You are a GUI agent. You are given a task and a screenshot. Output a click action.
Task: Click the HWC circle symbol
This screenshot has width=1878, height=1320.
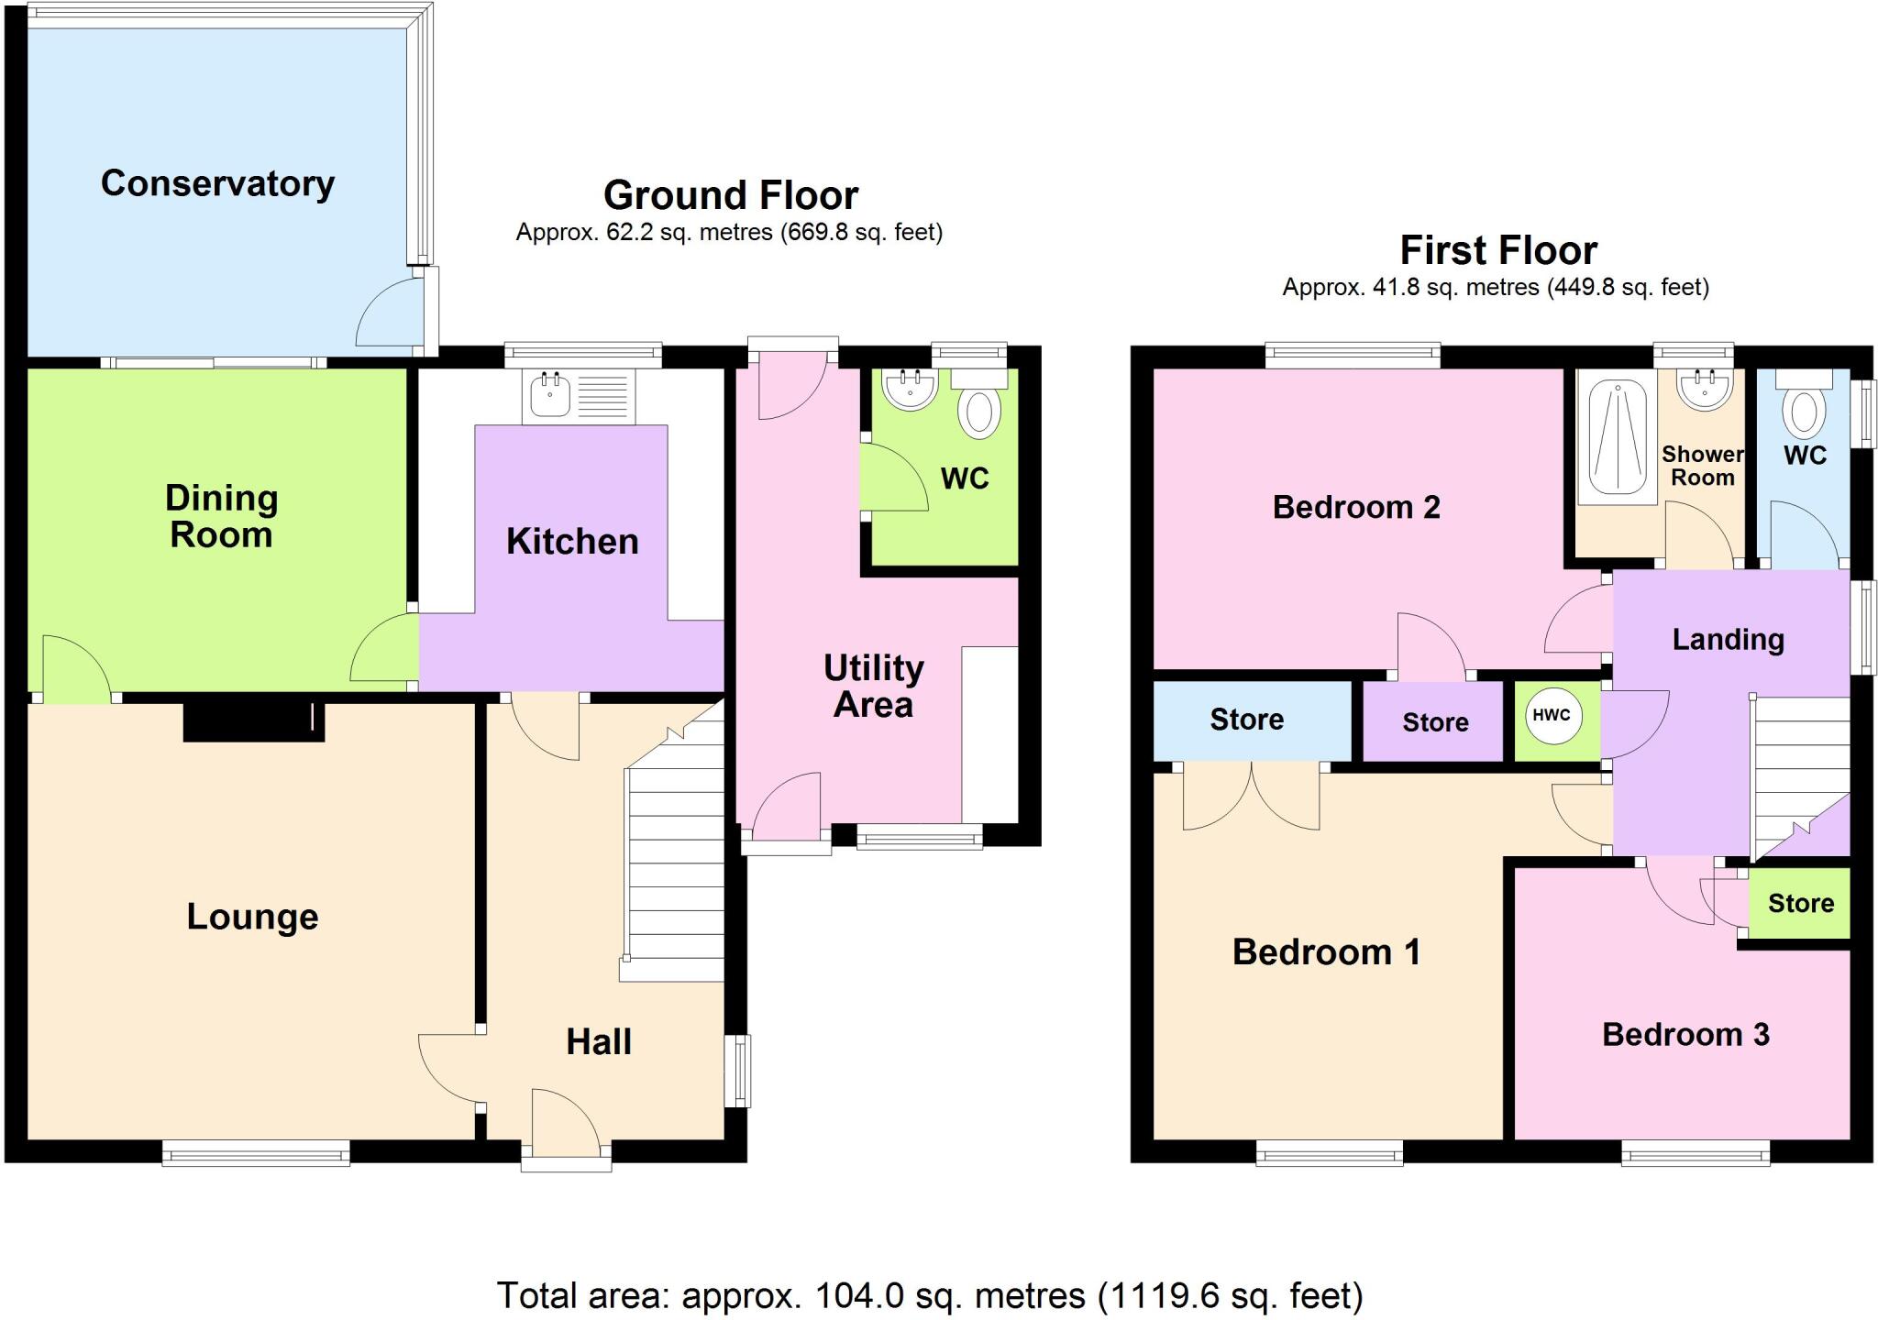[x=1552, y=716]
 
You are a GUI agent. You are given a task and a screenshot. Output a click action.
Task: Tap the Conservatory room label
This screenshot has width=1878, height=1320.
[x=217, y=183]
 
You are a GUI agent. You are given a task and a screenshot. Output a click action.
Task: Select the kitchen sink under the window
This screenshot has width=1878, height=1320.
[x=578, y=397]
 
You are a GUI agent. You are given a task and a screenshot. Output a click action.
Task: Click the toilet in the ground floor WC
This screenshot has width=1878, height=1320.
[x=979, y=411]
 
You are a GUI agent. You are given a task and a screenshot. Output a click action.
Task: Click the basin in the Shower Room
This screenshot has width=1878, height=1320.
[x=1705, y=389]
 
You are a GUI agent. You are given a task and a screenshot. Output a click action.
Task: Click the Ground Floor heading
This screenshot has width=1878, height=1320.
[x=731, y=195]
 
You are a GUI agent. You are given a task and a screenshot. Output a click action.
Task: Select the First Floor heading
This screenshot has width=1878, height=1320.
[x=1498, y=250]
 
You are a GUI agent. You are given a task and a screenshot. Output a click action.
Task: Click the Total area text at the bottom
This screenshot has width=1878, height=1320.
[x=930, y=1295]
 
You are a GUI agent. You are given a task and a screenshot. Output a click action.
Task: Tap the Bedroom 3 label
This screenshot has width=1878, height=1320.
[x=1685, y=1034]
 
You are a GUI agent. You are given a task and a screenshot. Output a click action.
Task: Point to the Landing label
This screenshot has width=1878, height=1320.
[x=1728, y=639]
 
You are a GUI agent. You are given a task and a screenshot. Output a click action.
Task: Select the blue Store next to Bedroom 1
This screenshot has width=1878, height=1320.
[x=1247, y=720]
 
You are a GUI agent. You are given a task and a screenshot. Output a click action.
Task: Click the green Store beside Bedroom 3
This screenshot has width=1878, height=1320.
[x=1800, y=903]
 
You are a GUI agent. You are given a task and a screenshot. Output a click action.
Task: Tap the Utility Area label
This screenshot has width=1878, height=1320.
[x=873, y=686]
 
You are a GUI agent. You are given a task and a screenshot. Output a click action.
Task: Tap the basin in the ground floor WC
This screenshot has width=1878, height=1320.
[x=910, y=389]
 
